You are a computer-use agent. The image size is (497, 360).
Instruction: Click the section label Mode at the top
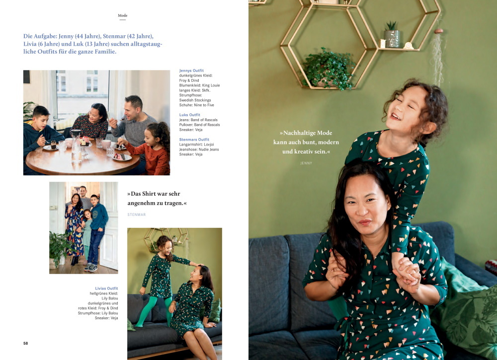coord(123,15)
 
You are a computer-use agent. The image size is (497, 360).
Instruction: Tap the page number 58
coord(26,343)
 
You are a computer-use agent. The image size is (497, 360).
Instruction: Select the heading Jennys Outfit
coord(191,71)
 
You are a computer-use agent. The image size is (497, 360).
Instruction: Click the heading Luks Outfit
coord(189,115)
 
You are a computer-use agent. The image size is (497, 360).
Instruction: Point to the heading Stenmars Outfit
coord(194,140)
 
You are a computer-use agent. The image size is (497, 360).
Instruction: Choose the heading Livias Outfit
coord(106,288)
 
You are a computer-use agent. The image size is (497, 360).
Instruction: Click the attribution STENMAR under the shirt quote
coord(137,215)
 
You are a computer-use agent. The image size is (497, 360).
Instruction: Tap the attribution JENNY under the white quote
coord(306,163)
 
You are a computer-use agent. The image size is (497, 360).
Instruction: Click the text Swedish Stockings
coord(195,100)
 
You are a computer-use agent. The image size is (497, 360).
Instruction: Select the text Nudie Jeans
coord(209,149)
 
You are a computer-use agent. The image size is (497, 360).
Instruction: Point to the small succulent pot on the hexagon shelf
coord(392,35)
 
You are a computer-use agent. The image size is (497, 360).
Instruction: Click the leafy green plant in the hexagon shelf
coord(329,68)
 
